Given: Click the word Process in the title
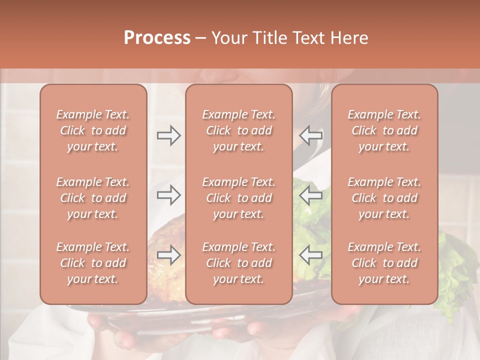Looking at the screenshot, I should pyautogui.click(x=157, y=38).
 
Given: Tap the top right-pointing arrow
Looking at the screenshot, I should pyautogui.click(x=169, y=135).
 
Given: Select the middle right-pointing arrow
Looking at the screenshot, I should pyautogui.click(x=169, y=195).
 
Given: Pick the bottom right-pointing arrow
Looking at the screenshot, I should pyautogui.click(x=169, y=255).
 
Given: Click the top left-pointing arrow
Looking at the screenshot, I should pyautogui.click(x=311, y=135).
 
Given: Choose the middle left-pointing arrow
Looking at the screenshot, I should pyautogui.click(x=311, y=195).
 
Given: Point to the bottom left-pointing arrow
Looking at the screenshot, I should pyautogui.click(x=311, y=255).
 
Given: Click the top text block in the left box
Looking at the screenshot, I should pyautogui.click(x=93, y=130).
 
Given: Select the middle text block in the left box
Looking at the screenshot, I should pyautogui.click(x=93, y=198).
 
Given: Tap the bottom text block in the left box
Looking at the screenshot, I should pyautogui.click(x=93, y=263).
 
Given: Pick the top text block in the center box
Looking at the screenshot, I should pyautogui.click(x=239, y=130).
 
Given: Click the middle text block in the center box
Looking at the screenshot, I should pyautogui.click(x=239, y=198).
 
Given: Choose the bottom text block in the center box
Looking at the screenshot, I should pyautogui.click(x=239, y=263).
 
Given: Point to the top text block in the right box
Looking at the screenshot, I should pyautogui.click(x=384, y=130).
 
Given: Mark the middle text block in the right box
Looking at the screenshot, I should pyautogui.click(x=384, y=198).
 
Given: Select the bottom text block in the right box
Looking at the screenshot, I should pyautogui.click(x=384, y=263).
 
